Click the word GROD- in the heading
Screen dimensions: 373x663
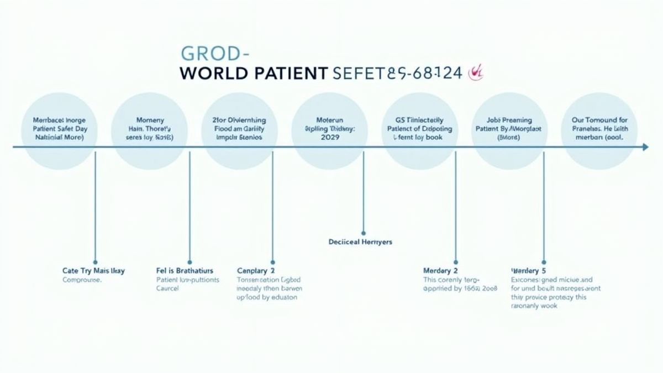click(215, 54)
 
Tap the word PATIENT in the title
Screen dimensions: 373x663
click(287, 73)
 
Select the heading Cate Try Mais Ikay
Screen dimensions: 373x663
click(93, 271)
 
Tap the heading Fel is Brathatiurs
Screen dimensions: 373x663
click(185, 271)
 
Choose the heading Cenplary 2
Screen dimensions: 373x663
click(256, 271)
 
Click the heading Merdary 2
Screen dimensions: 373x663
click(440, 271)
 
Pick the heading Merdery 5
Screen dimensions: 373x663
click(529, 271)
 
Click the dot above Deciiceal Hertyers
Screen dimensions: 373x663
click(363, 233)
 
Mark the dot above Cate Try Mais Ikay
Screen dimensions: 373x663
click(96, 261)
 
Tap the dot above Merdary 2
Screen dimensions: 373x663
click(456, 261)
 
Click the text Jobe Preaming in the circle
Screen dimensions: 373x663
click(510, 120)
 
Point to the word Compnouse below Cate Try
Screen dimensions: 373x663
click(82, 280)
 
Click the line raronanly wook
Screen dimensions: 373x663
click(534, 306)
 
